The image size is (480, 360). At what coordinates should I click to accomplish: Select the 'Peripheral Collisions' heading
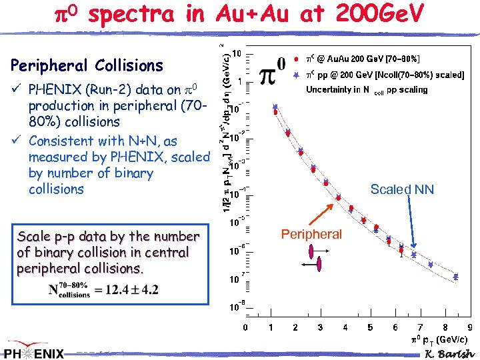coord(87,65)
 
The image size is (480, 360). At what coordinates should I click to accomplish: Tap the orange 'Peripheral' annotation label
coord(311,234)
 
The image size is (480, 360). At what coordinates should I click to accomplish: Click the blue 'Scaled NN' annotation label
coord(402,190)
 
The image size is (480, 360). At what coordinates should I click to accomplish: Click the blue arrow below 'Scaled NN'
coord(409,226)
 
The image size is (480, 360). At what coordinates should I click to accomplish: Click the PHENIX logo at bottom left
coord(35,351)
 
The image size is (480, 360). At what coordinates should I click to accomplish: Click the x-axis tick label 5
coord(370,327)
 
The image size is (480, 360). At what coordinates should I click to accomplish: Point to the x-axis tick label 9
coord(470,327)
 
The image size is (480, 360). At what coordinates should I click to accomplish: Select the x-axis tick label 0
coord(245,327)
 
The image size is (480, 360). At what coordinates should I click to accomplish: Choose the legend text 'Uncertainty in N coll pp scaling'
coord(367,90)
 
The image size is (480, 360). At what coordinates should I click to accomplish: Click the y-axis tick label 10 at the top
coord(237,53)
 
